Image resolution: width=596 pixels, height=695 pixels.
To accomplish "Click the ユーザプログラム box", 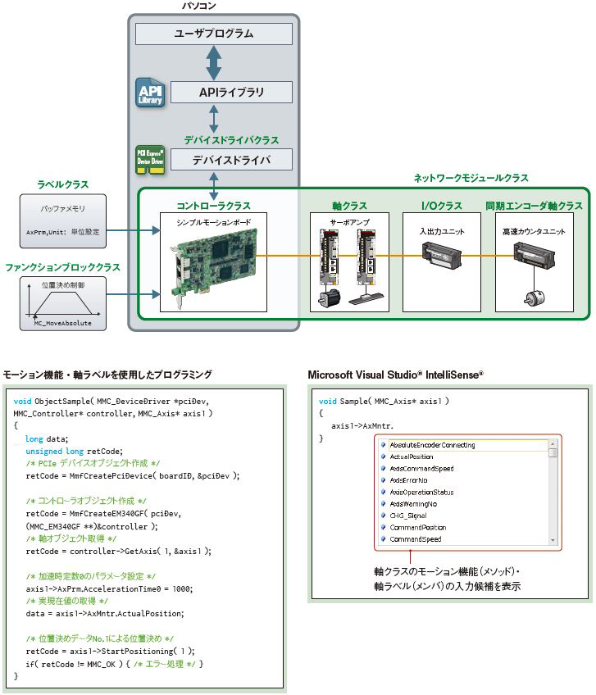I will point(214,34).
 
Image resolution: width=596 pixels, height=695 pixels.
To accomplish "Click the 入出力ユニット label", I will point(443,232).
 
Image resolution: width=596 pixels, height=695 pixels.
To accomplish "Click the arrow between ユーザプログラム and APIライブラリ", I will point(214,63).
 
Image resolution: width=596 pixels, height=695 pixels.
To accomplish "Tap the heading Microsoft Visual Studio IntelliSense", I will point(395,374).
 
